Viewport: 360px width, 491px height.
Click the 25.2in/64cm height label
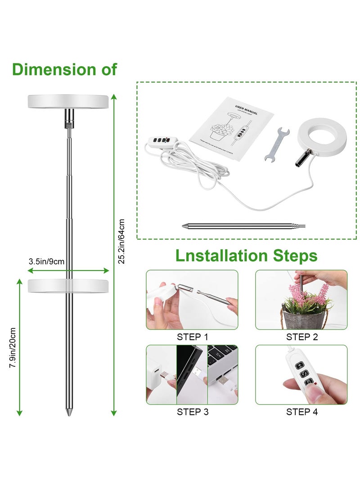[x=121, y=241]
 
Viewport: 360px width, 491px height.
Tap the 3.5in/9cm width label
[x=46, y=261]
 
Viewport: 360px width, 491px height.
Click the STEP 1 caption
[x=193, y=337]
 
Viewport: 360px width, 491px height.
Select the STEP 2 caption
[x=302, y=337]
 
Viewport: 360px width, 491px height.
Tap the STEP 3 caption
[x=193, y=411]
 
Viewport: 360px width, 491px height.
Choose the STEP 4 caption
[x=302, y=411]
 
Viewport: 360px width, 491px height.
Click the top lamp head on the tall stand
[x=68, y=101]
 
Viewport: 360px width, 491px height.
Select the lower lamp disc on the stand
[x=68, y=286]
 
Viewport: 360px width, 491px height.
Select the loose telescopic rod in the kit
[x=243, y=225]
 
